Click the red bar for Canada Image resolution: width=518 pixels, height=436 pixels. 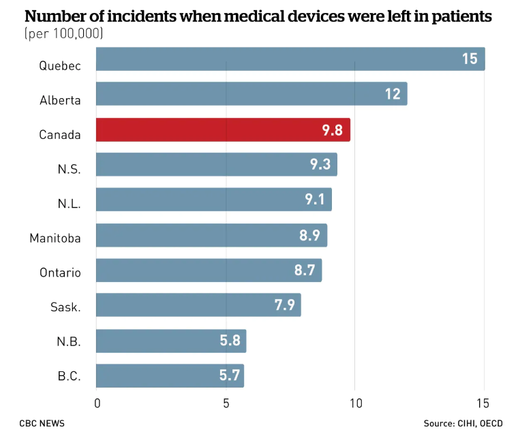point(223,129)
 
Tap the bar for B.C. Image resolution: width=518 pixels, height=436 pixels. point(170,375)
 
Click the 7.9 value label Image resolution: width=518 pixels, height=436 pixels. point(284,305)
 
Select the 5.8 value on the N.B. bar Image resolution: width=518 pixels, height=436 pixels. point(230,340)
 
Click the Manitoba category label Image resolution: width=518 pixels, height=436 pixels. point(55,238)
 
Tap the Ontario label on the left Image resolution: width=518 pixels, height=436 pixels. point(60,272)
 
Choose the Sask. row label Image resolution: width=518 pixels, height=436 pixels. point(66,307)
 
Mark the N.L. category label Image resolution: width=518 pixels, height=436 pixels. point(69,203)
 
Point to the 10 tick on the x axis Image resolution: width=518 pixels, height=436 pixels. point(354,403)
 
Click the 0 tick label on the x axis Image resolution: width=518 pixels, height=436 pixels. point(97,403)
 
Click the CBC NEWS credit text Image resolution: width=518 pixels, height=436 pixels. point(42,423)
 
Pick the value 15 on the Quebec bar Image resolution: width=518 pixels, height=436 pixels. point(470,59)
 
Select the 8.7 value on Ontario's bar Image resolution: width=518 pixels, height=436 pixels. point(305,270)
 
